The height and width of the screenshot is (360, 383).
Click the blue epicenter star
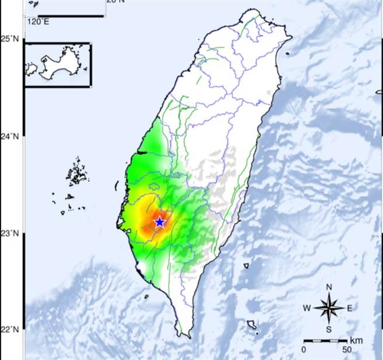pyautogui.click(x=159, y=222)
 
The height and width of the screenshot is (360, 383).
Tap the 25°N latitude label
pyautogui.click(x=10, y=39)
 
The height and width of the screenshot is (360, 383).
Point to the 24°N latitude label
pyautogui.click(x=10, y=137)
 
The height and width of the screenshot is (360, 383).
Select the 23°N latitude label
pyautogui.click(x=10, y=234)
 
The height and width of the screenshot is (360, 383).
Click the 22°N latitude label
pyautogui.click(x=10, y=329)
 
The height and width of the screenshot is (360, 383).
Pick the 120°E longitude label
pyautogui.click(x=38, y=22)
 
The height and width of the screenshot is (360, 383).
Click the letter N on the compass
pyautogui.click(x=329, y=287)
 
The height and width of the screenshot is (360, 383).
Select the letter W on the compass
pyautogui.click(x=307, y=308)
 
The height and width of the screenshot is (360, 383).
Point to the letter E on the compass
pyautogui.click(x=350, y=308)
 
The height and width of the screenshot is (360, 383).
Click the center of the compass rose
pyautogui.click(x=329, y=308)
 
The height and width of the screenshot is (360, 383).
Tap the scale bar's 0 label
pyautogui.click(x=304, y=349)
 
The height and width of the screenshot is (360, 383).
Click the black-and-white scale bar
pyautogui.click(x=325, y=340)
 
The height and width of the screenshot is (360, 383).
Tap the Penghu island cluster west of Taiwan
pyautogui.click(x=76, y=174)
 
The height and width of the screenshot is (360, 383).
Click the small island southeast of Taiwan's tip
pyautogui.click(x=252, y=324)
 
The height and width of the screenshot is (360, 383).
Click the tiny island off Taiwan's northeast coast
pyautogui.click(x=288, y=54)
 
